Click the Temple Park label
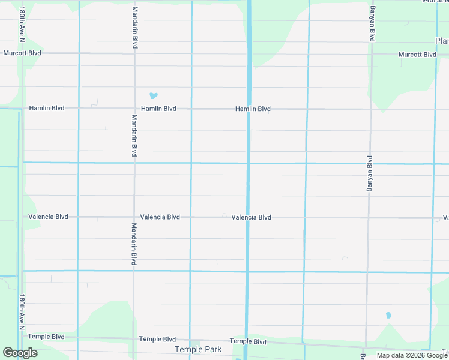pyautogui.click(x=198, y=349)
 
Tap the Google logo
pyautogui.click(x=20, y=353)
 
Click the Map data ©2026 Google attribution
pyautogui.click(x=412, y=355)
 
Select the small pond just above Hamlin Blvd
pyautogui.click(x=153, y=95)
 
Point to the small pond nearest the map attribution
pyautogui.click(x=388, y=315)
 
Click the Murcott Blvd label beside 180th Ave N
pyautogui.click(x=22, y=53)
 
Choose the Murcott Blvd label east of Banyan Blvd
pyautogui.click(x=417, y=55)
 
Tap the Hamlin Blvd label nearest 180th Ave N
pyautogui.click(x=46, y=109)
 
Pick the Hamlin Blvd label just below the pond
pyautogui.click(x=158, y=109)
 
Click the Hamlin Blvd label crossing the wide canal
pyautogui.click(x=253, y=109)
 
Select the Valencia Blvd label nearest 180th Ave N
pyautogui.click(x=48, y=217)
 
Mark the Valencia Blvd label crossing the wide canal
pyautogui.click(x=251, y=217)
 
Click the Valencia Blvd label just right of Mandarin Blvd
pyautogui.click(x=160, y=217)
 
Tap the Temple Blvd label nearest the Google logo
pyautogui.click(x=46, y=337)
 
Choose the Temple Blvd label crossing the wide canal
pyautogui.click(x=248, y=341)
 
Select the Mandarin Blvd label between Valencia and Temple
pyautogui.click(x=134, y=244)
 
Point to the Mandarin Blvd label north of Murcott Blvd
pyautogui.click(x=135, y=28)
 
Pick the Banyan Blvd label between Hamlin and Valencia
pyautogui.click(x=369, y=174)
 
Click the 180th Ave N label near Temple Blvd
pyautogui.click(x=22, y=312)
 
